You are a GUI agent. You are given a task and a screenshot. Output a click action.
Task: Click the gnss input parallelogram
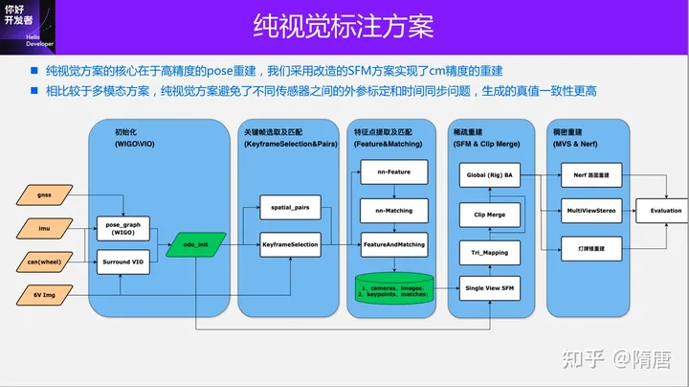coord(44,194)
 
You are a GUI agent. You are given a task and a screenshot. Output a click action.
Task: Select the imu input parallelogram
coord(44,228)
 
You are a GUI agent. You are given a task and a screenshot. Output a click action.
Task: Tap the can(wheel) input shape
coord(44,261)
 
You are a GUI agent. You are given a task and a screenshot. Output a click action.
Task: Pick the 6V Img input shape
coord(44,296)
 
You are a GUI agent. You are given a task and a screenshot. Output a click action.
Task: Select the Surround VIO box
coord(122,261)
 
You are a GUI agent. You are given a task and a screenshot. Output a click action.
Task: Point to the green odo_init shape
coord(195,245)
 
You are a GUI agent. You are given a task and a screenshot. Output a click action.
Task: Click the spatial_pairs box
coord(290,206)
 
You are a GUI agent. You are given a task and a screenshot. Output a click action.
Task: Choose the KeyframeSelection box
coord(290,245)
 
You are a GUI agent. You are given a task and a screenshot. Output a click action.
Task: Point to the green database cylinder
coord(393,287)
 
